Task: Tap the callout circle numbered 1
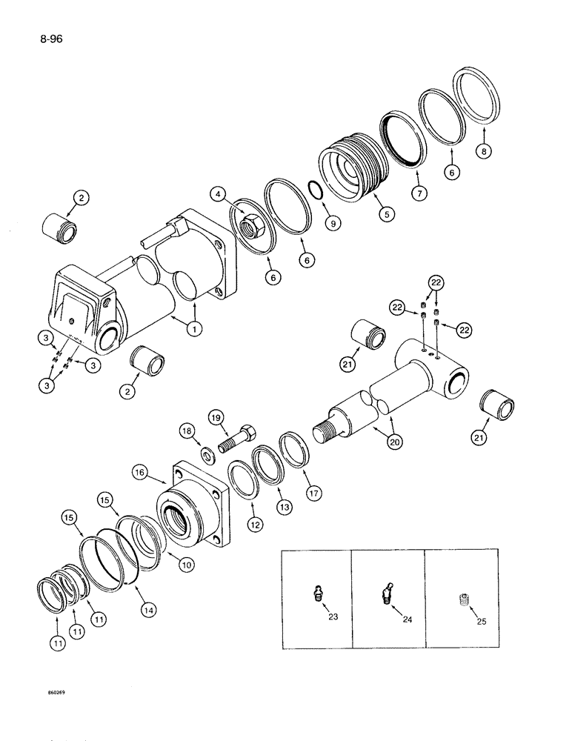click(x=195, y=328)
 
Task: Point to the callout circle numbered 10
click(x=185, y=565)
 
